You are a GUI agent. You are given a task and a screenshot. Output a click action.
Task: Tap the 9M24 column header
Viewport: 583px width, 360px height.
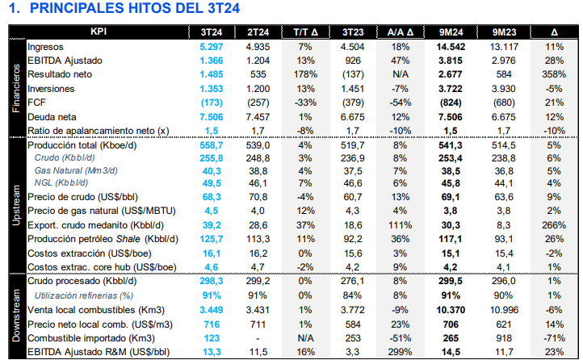point(450,32)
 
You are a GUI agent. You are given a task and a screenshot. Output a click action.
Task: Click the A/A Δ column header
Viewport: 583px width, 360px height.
point(401,32)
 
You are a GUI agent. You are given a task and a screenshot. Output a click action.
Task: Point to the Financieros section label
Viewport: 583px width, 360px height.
point(15,89)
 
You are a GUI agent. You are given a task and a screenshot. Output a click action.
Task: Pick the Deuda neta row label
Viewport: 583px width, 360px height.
point(52,116)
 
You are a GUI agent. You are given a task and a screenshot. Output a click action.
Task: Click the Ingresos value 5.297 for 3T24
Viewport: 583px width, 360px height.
point(211,47)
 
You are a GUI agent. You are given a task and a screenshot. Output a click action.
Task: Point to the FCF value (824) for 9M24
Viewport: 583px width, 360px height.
point(450,103)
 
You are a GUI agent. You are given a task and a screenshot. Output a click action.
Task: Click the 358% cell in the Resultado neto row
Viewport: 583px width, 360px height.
point(552,75)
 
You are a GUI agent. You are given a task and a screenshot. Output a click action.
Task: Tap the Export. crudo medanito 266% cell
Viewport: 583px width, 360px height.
point(552,226)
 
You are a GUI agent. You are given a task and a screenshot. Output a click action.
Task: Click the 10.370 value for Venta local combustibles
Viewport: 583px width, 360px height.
point(450,309)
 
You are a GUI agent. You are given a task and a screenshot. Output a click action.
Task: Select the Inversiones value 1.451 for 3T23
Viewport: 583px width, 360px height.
point(353,89)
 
